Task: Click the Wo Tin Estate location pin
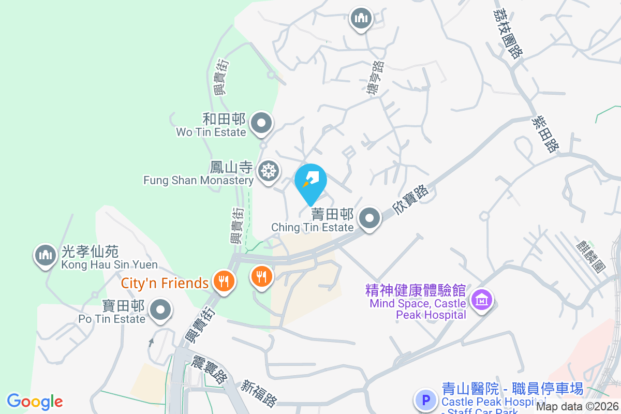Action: (x=261, y=124)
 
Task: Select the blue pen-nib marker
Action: (x=310, y=182)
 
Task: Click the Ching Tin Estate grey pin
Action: (x=369, y=218)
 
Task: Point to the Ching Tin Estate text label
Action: (x=313, y=227)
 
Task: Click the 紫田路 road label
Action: (x=545, y=134)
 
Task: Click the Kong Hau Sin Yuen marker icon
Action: (x=46, y=255)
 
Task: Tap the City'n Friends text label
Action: (x=165, y=284)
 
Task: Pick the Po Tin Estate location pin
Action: (x=160, y=310)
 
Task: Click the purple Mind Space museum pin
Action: (x=482, y=299)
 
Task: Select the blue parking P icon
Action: (x=426, y=400)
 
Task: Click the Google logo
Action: (x=35, y=402)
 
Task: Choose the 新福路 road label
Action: (x=259, y=393)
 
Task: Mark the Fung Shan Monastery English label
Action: (x=198, y=181)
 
